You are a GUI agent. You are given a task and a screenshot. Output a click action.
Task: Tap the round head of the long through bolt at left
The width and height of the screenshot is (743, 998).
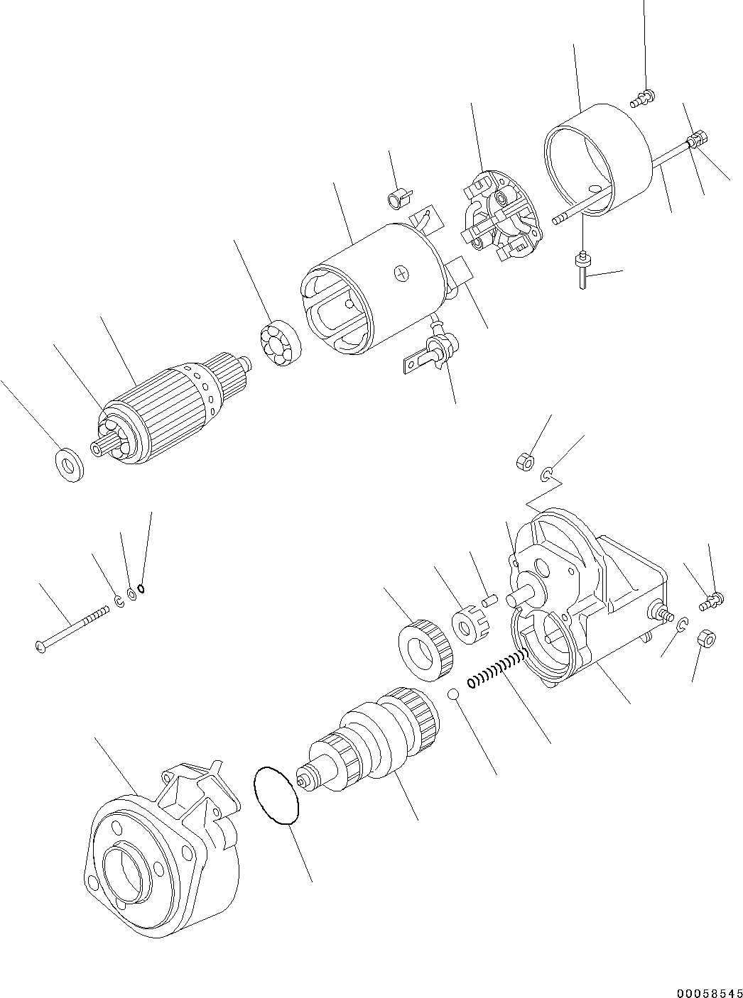(x=40, y=646)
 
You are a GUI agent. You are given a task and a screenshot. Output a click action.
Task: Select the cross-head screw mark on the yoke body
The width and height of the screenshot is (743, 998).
(x=403, y=273)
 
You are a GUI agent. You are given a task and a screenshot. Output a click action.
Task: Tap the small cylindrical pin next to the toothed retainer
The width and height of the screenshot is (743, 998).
(x=489, y=601)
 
